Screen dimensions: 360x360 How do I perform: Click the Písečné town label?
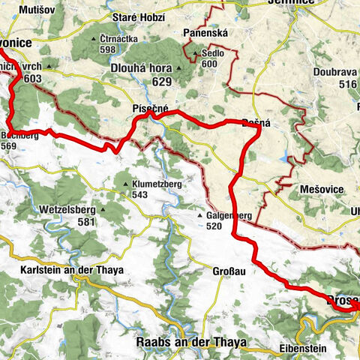(150, 109)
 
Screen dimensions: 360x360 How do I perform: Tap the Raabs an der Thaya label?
(191, 342)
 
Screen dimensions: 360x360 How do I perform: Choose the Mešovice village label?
(322, 189)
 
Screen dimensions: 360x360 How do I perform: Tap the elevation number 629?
(161, 81)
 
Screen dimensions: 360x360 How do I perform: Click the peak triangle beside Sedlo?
(195, 54)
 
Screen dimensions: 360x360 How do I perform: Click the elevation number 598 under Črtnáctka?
(106, 49)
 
